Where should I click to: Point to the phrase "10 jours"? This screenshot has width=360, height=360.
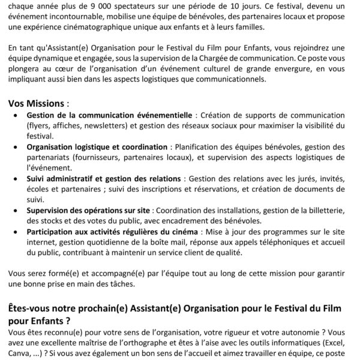coord(235,6)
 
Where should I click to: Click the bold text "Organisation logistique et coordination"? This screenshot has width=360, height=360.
coord(97,147)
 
